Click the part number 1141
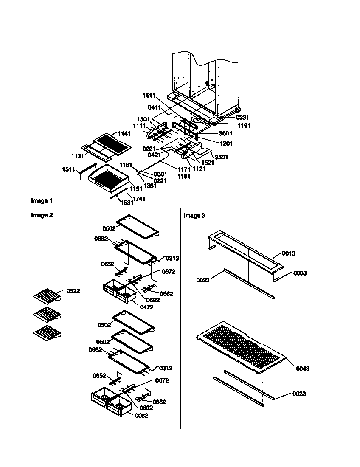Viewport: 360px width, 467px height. (x=124, y=134)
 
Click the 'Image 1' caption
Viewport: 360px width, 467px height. (x=42, y=200)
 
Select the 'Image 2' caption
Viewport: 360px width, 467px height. (x=42, y=215)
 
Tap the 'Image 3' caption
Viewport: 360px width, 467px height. (x=194, y=216)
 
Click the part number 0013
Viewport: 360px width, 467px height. (x=289, y=253)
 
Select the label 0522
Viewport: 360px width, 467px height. (x=73, y=291)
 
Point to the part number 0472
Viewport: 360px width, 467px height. (x=146, y=307)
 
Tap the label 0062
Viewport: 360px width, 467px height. (x=141, y=416)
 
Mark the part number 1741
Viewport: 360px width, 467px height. (x=139, y=199)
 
